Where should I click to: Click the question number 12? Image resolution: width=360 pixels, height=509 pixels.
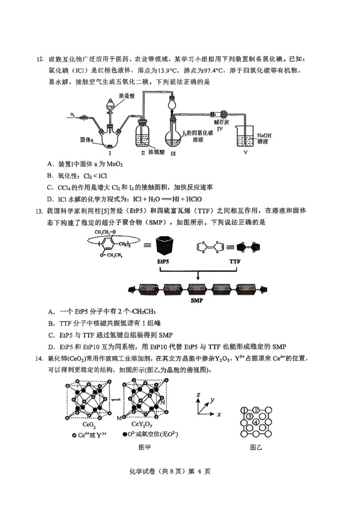click(x=39, y=59)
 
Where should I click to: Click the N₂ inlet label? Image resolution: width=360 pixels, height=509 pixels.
click(x=73, y=116)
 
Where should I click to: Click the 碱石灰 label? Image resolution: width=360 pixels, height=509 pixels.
click(x=220, y=121)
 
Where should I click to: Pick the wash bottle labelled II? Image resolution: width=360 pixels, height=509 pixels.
click(x=143, y=136)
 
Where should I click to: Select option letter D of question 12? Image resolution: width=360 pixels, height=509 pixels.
click(x=49, y=199)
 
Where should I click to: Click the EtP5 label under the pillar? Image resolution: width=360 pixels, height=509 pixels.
click(x=163, y=261)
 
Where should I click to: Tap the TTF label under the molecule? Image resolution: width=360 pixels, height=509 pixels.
click(x=235, y=261)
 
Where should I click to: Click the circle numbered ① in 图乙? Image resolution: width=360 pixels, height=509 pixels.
click(x=243, y=410)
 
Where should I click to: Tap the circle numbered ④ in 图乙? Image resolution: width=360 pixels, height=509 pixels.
click(x=256, y=422)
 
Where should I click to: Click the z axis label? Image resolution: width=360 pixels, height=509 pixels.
click(x=198, y=394)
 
